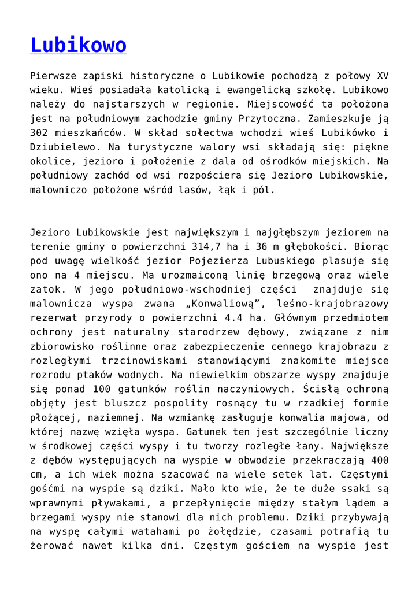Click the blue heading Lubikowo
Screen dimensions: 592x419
(x=78, y=45)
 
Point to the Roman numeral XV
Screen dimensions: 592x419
(x=382, y=76)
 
